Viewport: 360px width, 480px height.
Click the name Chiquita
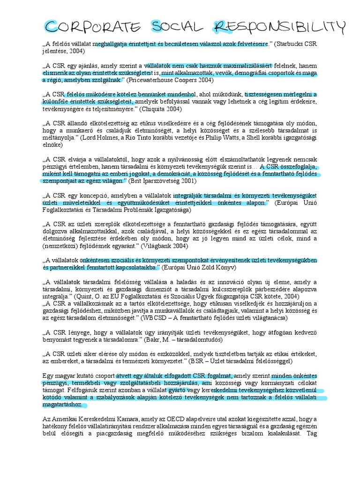(x=154, y=109)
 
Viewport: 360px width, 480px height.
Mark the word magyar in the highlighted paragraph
(x=66, y=375)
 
